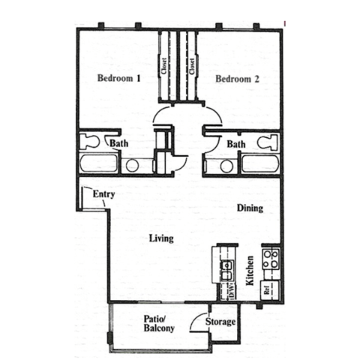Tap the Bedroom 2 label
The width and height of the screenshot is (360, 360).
pos(237,78)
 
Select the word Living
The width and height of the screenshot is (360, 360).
pos(161,238)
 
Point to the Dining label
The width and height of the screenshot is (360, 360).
pos(250,208)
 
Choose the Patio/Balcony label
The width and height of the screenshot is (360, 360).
pos(159,323)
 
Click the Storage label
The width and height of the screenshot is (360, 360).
pos(223,322)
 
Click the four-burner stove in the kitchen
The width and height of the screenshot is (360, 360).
pos(271,260)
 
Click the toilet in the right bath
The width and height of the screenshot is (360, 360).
pos(266,141)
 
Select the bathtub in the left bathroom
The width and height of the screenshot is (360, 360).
pos(98,164)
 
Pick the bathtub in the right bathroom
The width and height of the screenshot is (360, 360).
pos(259,164)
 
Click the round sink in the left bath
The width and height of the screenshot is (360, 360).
pos(133,166)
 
